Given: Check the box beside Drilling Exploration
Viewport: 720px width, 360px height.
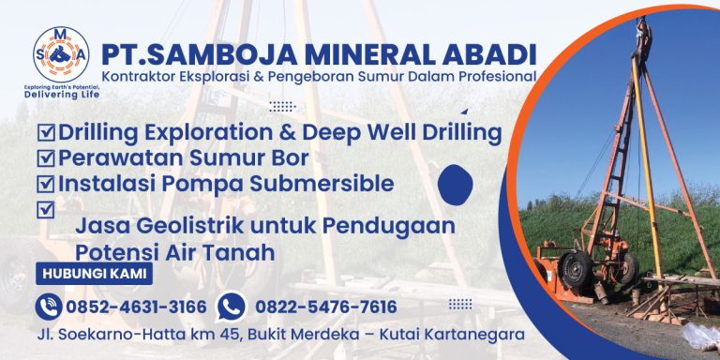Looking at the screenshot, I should click(x=45, y=133).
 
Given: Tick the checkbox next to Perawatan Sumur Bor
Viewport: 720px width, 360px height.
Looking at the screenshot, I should click(x=45, y=158).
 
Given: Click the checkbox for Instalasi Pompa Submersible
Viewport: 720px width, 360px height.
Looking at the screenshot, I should click(x=45, y=184).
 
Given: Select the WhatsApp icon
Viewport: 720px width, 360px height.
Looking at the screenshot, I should click(x=230, y=307).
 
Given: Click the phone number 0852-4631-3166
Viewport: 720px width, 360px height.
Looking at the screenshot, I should click(x=136, y=307).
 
